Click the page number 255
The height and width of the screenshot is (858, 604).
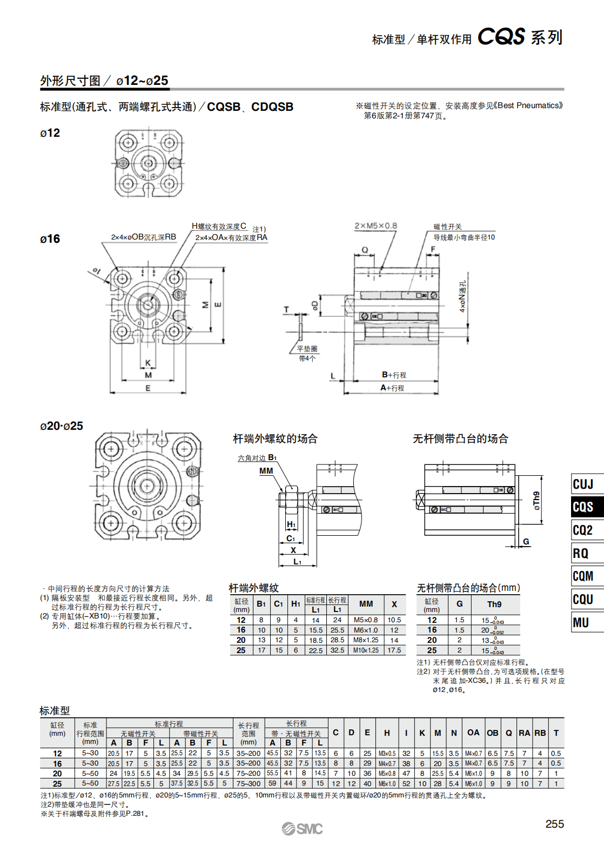coord(554,824)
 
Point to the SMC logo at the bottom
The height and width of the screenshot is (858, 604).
coord(302,829)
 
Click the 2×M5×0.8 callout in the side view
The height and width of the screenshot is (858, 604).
coord(375,226)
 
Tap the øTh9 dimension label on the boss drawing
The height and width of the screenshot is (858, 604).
coord(536,501)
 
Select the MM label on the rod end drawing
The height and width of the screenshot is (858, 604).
coord(266,471)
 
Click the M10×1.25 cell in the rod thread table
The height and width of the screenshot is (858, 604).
coord(366,650)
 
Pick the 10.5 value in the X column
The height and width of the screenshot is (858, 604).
coord(394,620)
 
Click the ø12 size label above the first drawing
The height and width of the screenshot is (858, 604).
coord(50,133)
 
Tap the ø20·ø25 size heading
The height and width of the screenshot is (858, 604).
coord(62,426)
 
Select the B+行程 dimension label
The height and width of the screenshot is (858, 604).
coord(394,375)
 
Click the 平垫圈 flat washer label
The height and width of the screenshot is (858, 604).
coord(307,349)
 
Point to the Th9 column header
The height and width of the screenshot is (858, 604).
coord(494,604)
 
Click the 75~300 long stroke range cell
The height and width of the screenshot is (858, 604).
coord(249,783)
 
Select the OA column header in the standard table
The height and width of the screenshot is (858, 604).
coord(473,733)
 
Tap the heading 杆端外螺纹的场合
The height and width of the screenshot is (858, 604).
coord(275,438)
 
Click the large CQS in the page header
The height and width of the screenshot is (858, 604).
coord(501,37)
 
